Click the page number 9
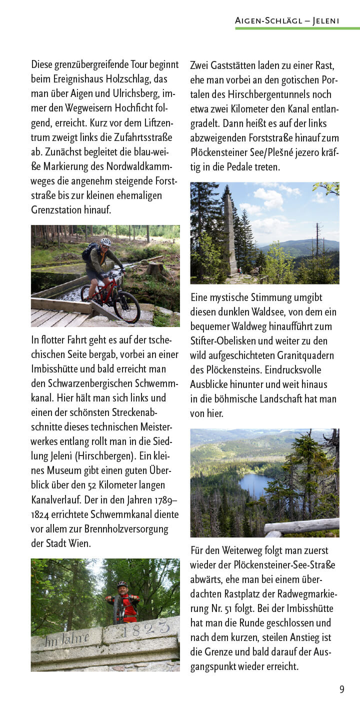pyautogui.click(x=342, y=689)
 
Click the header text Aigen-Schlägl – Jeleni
pyautogui.click(x=287, y=20)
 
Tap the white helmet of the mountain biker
pyautogui.click(x=105, y=241)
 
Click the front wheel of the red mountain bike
pyautogui.click(x=126, y=306)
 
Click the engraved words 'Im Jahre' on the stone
pyautogui.click(x=66, y=639)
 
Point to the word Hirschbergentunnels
pyautogui.click(x=256, y=94)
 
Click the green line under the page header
pyautogui.click(x=297, y=28)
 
